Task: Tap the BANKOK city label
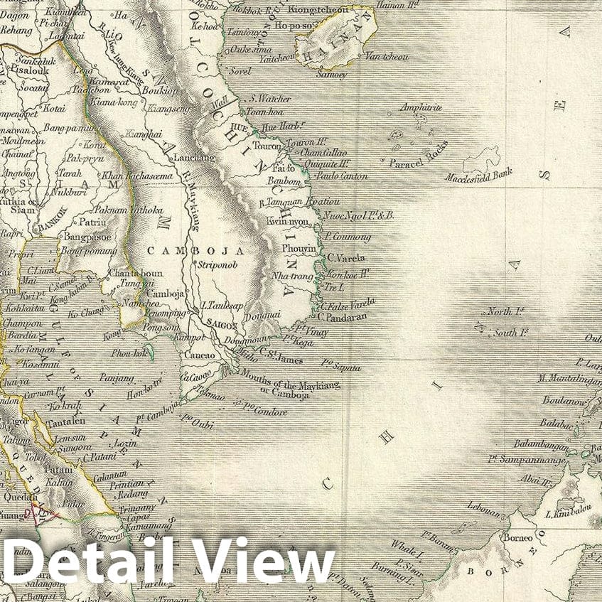point(50,212)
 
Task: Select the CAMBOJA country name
point(195,251)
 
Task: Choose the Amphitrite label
point(421,107)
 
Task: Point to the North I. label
point(506,311)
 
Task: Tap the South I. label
point(510,332)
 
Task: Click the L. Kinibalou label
point(565,513)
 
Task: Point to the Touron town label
point(267,145)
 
